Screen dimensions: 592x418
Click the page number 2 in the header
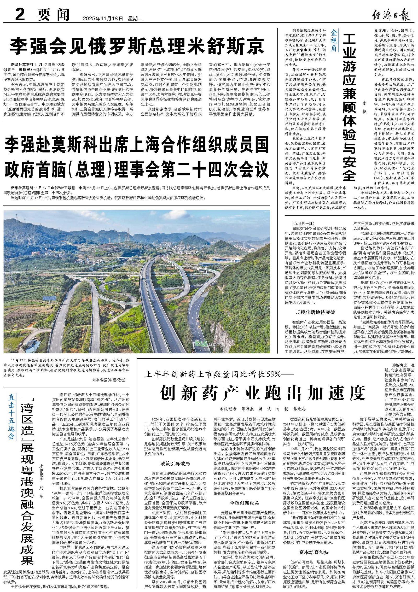(20, 15)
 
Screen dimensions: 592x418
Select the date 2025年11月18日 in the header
(103, 19)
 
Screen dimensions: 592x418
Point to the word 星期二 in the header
(135, 19)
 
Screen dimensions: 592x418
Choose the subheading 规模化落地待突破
(315, 312)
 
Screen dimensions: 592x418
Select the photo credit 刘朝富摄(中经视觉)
(109, 380)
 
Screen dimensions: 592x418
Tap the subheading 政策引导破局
(175, 464)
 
